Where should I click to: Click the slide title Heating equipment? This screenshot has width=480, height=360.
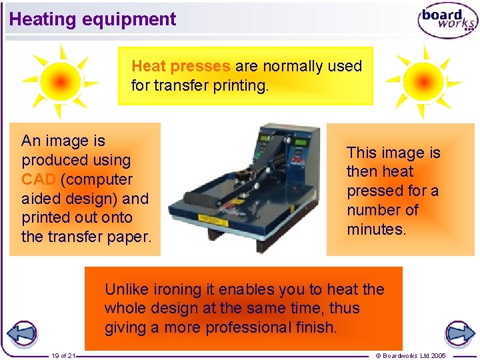pos(93,19)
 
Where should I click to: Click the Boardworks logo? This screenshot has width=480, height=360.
pos(447,21)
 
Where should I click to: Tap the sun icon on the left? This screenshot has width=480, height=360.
pos(59,81)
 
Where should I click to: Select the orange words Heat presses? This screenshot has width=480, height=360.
pos(181,67)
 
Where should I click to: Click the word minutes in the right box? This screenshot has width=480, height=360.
pos(375,229)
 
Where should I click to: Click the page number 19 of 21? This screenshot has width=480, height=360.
pos(64,355)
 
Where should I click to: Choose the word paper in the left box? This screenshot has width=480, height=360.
pos(131,237)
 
